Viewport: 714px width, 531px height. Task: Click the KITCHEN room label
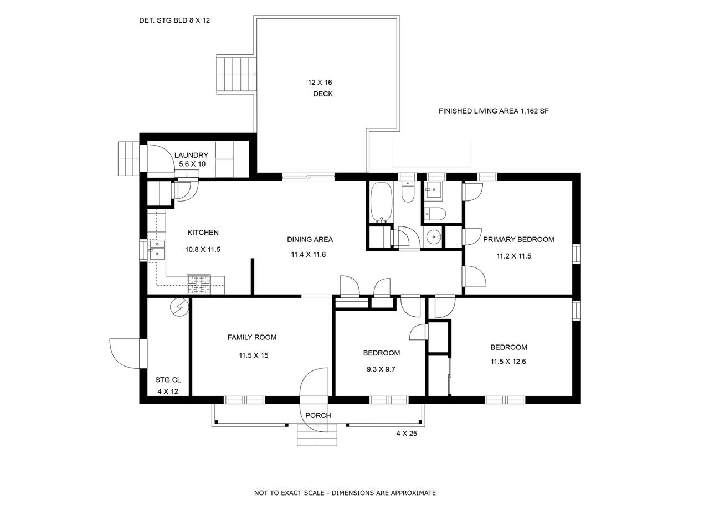coord(203,233)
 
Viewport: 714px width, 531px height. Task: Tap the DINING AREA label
coord(310,239)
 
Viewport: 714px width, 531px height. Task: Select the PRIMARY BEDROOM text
coord(518,239)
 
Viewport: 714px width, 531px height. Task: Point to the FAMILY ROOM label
coord(251,337)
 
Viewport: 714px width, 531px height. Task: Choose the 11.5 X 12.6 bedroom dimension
coord(508,362)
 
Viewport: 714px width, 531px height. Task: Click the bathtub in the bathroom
coord(381,202)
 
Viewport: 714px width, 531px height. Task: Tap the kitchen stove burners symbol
coord(199,284)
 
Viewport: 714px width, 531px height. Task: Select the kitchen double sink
coord(157,249)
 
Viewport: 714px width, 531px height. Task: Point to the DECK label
coord(323,94)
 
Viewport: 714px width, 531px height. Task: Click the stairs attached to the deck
coord(237,74)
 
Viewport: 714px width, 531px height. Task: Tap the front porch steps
coord(317,435)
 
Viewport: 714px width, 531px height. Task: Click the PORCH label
coord(318,415)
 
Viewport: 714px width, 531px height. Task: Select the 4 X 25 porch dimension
coord(407,434)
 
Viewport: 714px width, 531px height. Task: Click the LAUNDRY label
coord(191,156)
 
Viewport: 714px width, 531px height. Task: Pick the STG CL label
coord(168,380)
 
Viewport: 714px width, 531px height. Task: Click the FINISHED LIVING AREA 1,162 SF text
coord(494,111)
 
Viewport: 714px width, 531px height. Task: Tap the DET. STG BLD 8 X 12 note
coord(174,20)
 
